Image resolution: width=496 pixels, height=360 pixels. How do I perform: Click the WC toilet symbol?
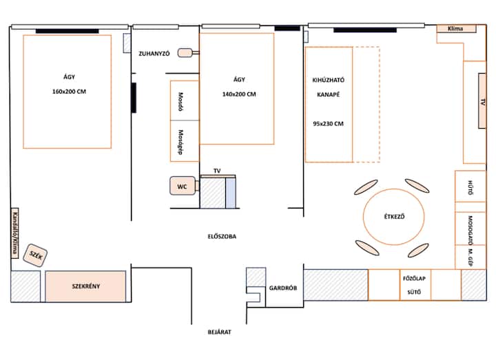tap(183, 186)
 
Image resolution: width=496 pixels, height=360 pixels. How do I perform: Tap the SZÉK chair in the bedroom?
tap(35, 255)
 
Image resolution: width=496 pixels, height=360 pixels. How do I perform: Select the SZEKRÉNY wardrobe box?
tap(85, 286)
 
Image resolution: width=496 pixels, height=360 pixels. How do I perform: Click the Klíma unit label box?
tap(456, 28)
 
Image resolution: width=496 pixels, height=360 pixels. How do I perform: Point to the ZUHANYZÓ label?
tap(154, 54)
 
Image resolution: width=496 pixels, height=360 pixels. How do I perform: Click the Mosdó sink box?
tap(185, 100)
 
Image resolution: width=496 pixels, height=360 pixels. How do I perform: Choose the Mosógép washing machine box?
tap(185, 141)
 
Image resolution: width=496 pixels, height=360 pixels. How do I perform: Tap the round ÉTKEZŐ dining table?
tap(394, 217)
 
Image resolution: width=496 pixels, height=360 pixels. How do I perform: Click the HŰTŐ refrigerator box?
tap(471, 186)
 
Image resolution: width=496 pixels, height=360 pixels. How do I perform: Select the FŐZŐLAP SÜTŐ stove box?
tap(415, 285)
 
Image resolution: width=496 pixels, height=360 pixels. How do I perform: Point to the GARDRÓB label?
tap(283, 288)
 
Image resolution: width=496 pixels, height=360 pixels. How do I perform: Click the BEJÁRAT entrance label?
tap(219, 332)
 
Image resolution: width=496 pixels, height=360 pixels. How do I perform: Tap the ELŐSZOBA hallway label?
tap(222, 236)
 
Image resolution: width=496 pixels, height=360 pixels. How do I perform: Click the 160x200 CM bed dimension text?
tap(70, 92)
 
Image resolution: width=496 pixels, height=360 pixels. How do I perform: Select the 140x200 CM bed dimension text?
tap(239, 94)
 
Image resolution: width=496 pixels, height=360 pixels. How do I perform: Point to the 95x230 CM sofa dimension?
tap(329, 124)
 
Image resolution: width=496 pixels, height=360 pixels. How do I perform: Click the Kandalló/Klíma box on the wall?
tap(14, 233)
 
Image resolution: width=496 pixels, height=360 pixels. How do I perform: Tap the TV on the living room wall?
tap(482, 100)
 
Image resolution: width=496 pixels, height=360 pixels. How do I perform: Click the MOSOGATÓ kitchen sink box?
tap(471, 229)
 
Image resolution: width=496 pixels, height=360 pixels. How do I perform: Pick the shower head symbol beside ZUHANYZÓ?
tap(185, 53)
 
